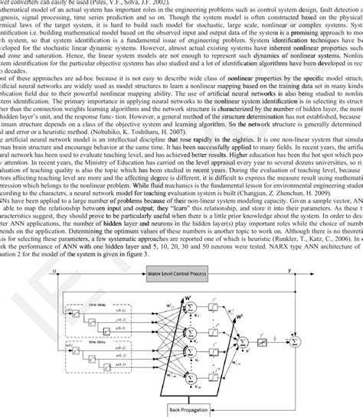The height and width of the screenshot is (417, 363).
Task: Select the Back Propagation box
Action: [188, 410]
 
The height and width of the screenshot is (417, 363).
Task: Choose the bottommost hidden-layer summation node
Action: [191, 374]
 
